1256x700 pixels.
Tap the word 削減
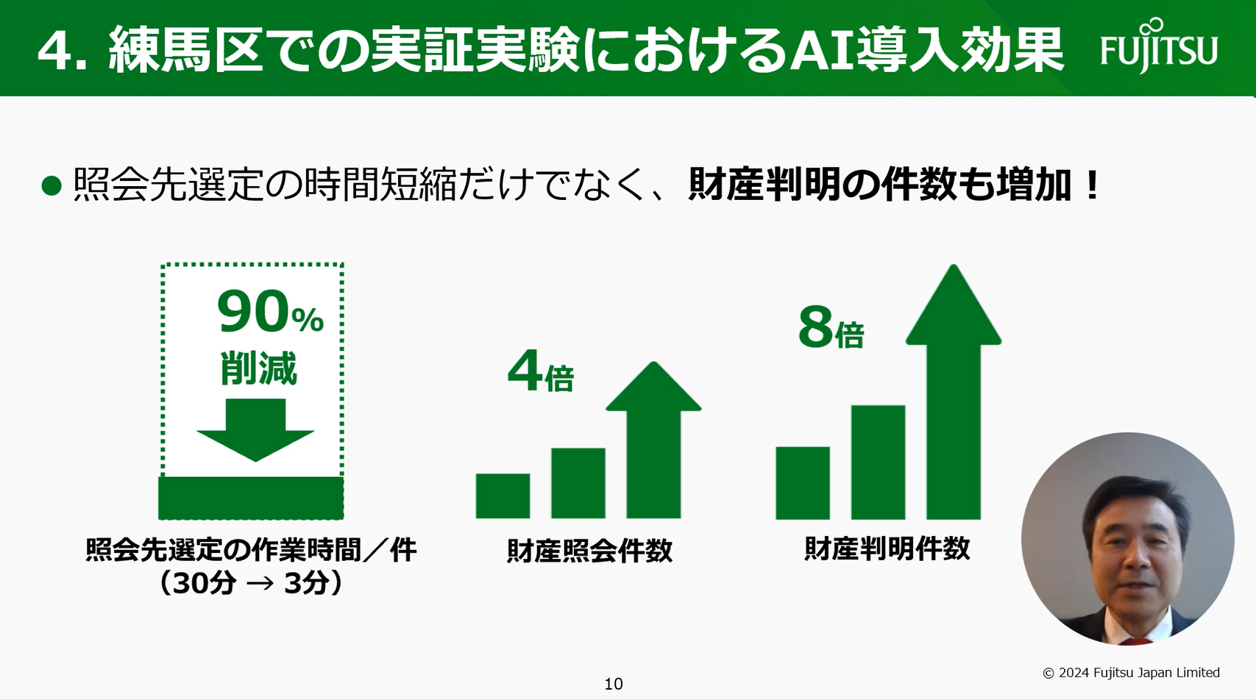pyautogui.click(x=258, y=368)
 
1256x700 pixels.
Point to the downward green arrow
pyautogui.click(x=255, y=429)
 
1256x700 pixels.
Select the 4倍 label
pyautogui.click(x=540, y=372)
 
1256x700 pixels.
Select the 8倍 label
pyautogui.click(x=831, y=329)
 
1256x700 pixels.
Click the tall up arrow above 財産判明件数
pyautogui.click(x=954, y=390)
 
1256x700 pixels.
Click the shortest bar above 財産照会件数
pyautogui.click(x=503, y=496)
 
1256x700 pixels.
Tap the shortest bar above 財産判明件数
pyautogui.click(x=803, y=482)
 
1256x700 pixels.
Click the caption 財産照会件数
pyautogui.click(x=589, y=551)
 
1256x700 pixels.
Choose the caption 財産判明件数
pyautogui.click(x=887, y=549)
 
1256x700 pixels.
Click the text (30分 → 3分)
pyautogui.click(x=251, y=583)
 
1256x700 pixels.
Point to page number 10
pyautogui.click(x=613, y=684)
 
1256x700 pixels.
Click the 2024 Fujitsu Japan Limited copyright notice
pyautogui.click(x=1131, y=672)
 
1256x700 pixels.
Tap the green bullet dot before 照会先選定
pyautogui.click(x=52, y=185)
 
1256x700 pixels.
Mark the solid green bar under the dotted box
pyautogui.click(x=251, y=498)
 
